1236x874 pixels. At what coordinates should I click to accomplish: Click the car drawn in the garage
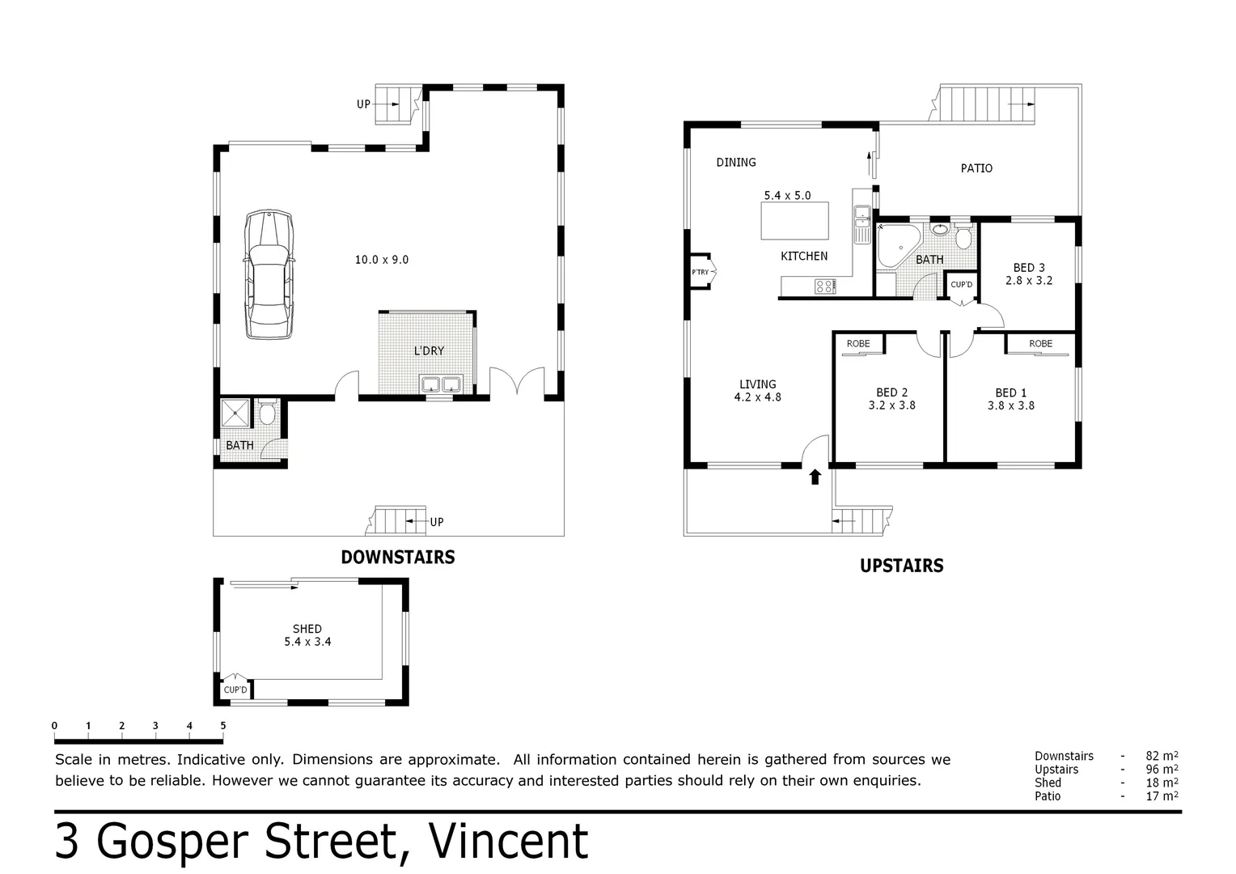point(269,275)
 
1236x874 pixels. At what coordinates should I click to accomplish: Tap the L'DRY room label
point(429,350)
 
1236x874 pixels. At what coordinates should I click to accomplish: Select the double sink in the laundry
point(440,384)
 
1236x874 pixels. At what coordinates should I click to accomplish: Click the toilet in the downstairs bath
point(268,414)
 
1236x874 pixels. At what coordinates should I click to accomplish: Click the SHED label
point(307,628)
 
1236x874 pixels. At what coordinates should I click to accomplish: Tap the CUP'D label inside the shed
point(235,689)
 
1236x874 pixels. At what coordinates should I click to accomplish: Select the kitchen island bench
point(795,221)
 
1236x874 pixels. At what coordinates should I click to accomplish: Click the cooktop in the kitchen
point(825,285)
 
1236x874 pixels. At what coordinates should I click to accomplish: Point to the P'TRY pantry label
point(700,272)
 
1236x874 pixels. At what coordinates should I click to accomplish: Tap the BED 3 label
point(1029,268)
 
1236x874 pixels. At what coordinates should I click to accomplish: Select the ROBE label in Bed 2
point(858,344)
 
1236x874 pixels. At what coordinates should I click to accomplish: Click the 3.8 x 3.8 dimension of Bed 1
point(1010,405)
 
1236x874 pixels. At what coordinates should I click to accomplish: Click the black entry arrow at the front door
point(815,477)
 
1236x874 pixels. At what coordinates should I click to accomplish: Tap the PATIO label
point(976,168)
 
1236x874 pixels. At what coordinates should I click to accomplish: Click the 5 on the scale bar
point(222,726)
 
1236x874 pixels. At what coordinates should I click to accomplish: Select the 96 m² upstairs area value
point(1162,770)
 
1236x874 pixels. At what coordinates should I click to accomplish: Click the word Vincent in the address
point(507,842)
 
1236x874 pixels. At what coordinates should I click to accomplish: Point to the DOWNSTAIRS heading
point(397,557)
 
